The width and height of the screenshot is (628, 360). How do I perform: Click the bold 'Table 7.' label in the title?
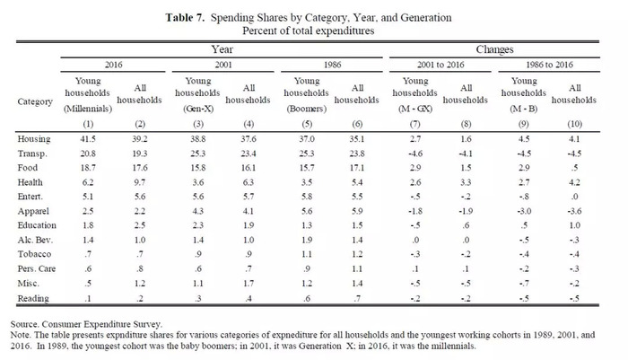185,18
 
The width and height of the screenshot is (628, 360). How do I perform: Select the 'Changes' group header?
494,49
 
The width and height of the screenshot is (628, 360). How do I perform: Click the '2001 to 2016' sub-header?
440,65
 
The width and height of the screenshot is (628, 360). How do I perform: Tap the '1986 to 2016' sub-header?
549,65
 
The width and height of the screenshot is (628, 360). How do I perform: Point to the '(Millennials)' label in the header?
88,109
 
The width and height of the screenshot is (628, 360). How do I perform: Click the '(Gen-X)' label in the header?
198,109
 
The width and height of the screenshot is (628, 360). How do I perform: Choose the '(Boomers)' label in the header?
307,109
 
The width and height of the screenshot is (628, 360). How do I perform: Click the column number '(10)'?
574,124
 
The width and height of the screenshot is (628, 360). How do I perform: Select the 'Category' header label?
35,101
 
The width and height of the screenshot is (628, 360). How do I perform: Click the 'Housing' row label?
34,139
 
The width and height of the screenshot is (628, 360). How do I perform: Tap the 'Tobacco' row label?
34,254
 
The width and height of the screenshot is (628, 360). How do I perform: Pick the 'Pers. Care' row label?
37,268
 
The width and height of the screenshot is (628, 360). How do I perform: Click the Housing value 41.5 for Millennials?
88,139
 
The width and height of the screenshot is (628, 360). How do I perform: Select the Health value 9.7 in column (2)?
139,182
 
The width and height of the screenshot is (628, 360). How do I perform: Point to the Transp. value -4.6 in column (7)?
414,154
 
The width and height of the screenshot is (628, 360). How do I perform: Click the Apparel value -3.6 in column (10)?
574,211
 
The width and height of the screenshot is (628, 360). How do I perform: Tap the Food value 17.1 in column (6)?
357,168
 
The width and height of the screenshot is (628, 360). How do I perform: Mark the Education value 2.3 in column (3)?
198,225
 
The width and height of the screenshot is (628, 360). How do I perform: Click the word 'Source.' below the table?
25,324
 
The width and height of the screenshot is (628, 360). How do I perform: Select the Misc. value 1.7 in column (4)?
249,284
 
